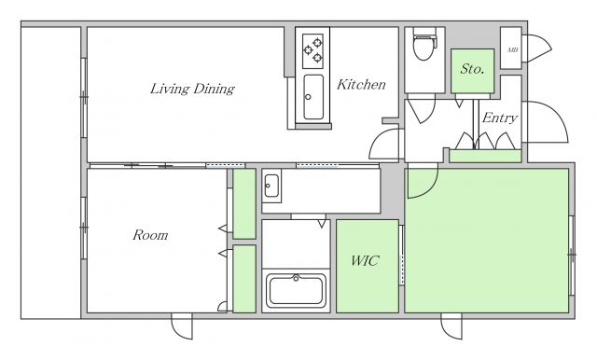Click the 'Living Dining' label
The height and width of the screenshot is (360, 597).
(192, 89)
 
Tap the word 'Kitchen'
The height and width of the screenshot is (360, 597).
(361, 85)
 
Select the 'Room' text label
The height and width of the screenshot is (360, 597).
(150, 235)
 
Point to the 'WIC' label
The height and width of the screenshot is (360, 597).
(365, 261)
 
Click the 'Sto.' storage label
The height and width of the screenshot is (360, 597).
(472, 69)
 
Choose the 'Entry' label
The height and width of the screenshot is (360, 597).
(500, 118)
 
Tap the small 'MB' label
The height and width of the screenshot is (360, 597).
(512, 49)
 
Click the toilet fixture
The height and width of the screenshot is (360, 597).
(423, 44)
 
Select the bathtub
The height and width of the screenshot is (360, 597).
(296, 291)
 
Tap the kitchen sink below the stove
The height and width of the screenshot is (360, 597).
(313, 97)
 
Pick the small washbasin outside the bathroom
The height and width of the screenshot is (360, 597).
(271, 186)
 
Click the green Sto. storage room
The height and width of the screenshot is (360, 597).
(473, 71)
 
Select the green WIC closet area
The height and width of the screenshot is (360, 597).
(368, 267)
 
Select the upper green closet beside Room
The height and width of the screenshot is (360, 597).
(244, 204)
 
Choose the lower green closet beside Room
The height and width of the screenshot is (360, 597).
(244, 279)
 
